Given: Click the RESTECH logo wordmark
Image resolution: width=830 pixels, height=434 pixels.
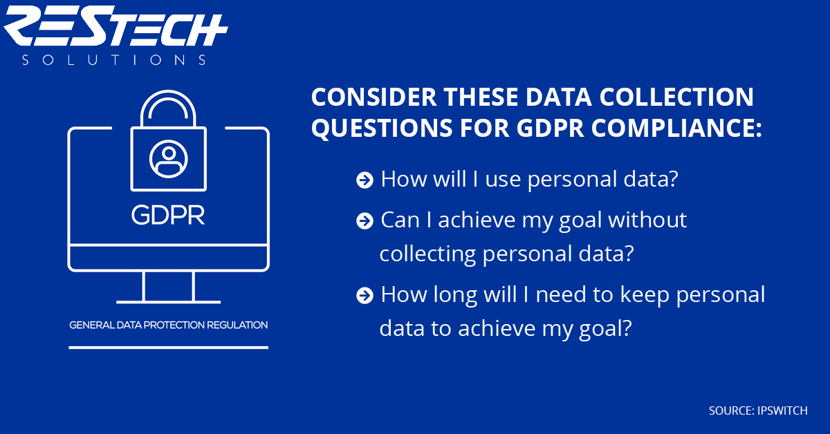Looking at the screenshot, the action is [116, 26].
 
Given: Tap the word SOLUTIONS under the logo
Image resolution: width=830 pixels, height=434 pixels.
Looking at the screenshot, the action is [113, 60].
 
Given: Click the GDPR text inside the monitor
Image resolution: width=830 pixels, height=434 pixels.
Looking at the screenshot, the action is [168, 215].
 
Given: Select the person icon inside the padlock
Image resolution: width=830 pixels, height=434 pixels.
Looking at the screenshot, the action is [169, 159].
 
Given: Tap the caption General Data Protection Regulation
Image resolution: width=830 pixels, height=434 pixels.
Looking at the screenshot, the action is [169, 325].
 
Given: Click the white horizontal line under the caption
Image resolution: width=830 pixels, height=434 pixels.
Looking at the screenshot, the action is [169, 348].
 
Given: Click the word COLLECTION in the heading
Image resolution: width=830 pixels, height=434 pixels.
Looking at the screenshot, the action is [676, 97].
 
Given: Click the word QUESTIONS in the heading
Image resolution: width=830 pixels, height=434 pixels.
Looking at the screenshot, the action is [382, 129].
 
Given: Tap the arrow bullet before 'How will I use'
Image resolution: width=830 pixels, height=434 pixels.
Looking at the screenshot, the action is [365, 180].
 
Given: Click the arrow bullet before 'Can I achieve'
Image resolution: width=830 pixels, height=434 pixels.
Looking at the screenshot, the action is [365, 221].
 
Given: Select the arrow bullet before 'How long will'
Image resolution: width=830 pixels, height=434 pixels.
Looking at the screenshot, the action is [365, 296].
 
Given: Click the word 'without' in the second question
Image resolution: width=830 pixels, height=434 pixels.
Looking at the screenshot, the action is [647, 220].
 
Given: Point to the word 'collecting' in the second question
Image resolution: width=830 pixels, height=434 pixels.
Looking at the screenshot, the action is [427, 255].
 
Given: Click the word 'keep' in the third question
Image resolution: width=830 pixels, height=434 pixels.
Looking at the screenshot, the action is [645, 295].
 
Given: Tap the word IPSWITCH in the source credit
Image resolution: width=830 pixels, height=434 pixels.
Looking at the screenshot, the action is [782, 411].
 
